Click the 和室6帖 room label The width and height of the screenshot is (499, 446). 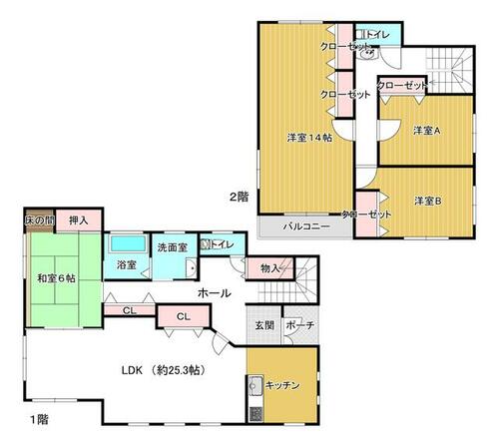coord(56,278)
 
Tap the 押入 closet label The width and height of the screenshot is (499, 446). coord(79,221)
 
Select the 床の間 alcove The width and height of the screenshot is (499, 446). coord(39,221)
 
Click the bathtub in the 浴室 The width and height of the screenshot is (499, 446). coord(128,243)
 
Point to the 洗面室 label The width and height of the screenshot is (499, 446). coord(173,247)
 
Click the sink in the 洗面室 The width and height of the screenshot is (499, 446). coord(191,267)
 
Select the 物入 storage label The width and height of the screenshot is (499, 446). coord(269,268)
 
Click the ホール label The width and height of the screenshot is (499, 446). coord(215,293)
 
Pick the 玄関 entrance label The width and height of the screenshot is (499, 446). coord(264,325)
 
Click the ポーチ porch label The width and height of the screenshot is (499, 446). coord(300,325)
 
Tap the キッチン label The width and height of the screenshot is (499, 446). coord(282,385)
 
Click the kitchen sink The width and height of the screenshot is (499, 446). coord(255,385)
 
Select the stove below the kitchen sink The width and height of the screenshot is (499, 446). coord(255,414)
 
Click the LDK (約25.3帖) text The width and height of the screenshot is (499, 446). coord(163,370)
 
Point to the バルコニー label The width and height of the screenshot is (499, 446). coord(306,226)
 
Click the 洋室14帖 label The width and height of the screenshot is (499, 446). coord(309,138)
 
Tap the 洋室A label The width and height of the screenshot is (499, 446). coord(427,131)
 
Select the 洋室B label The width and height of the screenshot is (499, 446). coord(428,201)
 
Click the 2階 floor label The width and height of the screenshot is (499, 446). coord(239,197)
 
